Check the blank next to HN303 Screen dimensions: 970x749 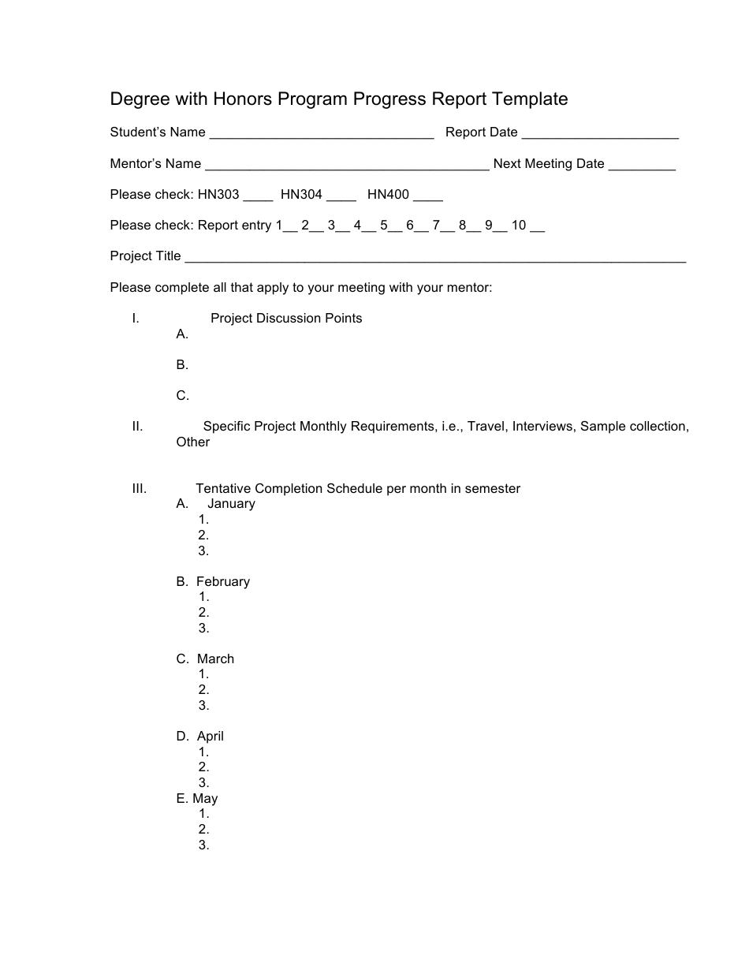258,198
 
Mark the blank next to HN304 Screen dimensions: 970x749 341,198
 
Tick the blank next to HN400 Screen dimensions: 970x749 428,198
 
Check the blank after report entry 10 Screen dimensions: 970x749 537,229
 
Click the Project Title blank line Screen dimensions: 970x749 435,259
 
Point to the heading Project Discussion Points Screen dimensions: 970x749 286,319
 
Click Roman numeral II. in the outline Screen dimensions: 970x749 137,427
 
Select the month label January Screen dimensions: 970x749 231,504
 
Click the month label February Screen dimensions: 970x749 222,582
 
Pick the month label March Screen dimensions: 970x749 215,659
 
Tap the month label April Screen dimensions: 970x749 211,737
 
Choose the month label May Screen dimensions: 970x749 205,799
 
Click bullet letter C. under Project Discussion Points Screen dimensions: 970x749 182,396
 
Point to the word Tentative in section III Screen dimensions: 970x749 223,489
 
